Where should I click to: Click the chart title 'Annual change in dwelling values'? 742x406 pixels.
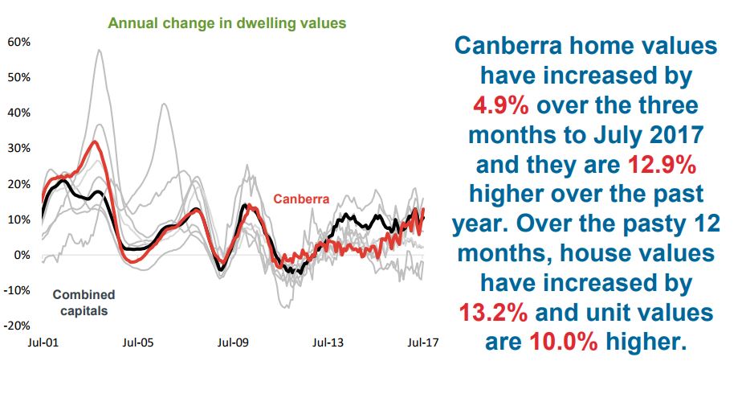(x=227, y=23)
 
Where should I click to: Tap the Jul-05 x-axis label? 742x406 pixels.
(x=137, y=342)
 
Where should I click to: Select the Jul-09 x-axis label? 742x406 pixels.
(x=233, y=342)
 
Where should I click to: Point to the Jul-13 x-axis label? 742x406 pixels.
(x=328, y=342)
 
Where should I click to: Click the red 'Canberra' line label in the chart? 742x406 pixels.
(x=301, y=198)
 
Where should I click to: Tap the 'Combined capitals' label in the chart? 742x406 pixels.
(x=84, y=302)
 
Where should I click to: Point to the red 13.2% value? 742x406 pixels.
(x=491, y=311)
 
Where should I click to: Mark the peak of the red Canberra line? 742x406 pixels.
(x=95, y=142)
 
